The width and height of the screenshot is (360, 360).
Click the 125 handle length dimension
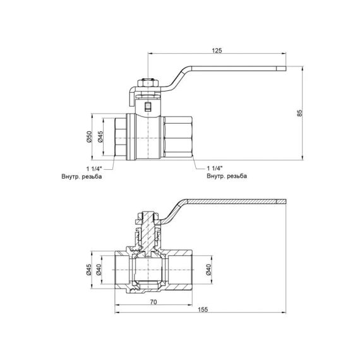(x=217, y=50)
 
